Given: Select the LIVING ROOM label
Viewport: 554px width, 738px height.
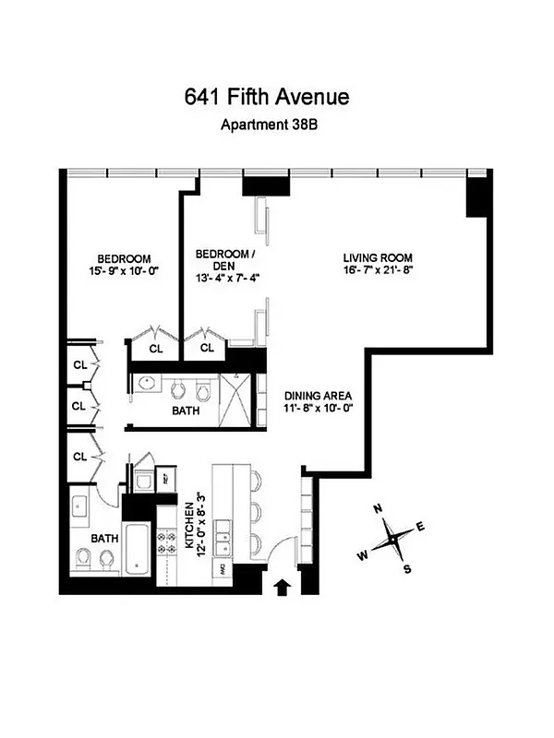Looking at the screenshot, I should point(377,257).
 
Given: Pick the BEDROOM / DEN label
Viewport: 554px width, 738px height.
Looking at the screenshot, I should point(223,260).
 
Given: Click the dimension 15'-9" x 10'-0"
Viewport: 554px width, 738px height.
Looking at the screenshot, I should point(124,273).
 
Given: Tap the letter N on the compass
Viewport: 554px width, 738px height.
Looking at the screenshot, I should point(378,509).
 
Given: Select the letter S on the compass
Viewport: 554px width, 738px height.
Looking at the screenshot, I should point(406,568).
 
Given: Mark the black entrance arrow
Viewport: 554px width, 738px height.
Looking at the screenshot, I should point(283,585).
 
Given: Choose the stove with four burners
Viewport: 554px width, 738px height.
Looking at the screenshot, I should point(168,542).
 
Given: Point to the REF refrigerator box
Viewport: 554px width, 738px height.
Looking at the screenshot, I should point(167,480).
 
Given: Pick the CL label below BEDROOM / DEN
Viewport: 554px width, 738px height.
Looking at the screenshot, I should point(207,348).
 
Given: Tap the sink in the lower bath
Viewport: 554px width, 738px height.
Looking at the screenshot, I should point(79,506).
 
